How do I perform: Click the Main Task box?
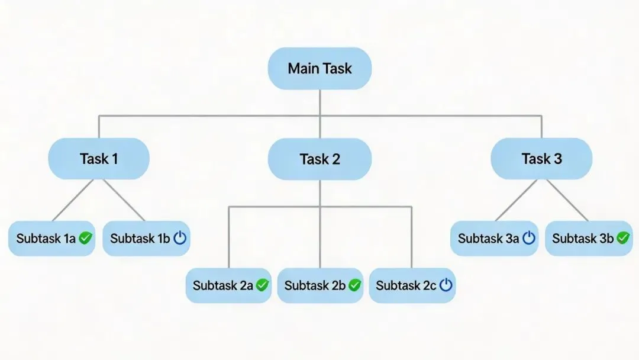(319, 69)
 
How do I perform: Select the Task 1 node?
(99, 159)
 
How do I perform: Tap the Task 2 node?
(319, 159)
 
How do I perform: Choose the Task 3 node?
(541, 159)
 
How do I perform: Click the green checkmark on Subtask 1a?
(86, 238)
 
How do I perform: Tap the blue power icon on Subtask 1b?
(180, 238)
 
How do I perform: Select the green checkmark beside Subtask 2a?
(262, 285)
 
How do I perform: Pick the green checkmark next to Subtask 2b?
(354, 285)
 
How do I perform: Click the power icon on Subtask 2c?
(446, 285)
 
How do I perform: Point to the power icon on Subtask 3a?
(528, 238)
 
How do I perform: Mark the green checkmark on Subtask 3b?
(623, 238)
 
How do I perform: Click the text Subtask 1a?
(46, 239)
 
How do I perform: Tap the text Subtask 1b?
(140, 239)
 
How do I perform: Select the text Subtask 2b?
(315, 285)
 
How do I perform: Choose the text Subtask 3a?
(488, 239)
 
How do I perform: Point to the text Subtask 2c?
(406, 285)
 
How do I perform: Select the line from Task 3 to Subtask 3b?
(567, 200)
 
